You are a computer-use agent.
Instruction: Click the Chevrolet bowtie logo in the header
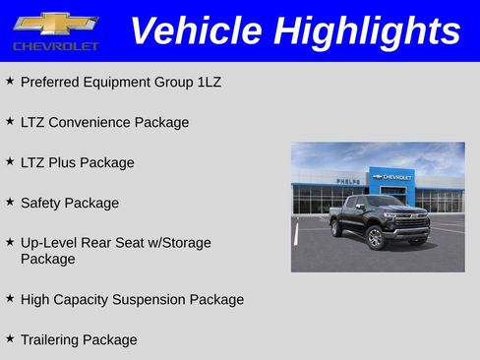[55, 24]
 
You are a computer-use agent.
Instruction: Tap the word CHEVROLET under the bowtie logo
[55, 46]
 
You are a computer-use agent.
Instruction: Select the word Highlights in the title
[367, 30]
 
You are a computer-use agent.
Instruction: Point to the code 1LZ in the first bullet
[208, 82]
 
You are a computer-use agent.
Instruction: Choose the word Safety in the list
[41, 203]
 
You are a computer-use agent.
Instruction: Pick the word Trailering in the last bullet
[50, 339]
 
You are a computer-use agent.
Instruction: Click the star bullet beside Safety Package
[10, 202]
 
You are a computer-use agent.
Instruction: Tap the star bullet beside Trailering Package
[10, 338]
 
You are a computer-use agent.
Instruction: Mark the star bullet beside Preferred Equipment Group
[10, 81]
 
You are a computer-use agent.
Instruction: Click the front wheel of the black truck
[375, 238]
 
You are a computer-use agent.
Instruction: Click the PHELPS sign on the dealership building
[348, 181]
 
